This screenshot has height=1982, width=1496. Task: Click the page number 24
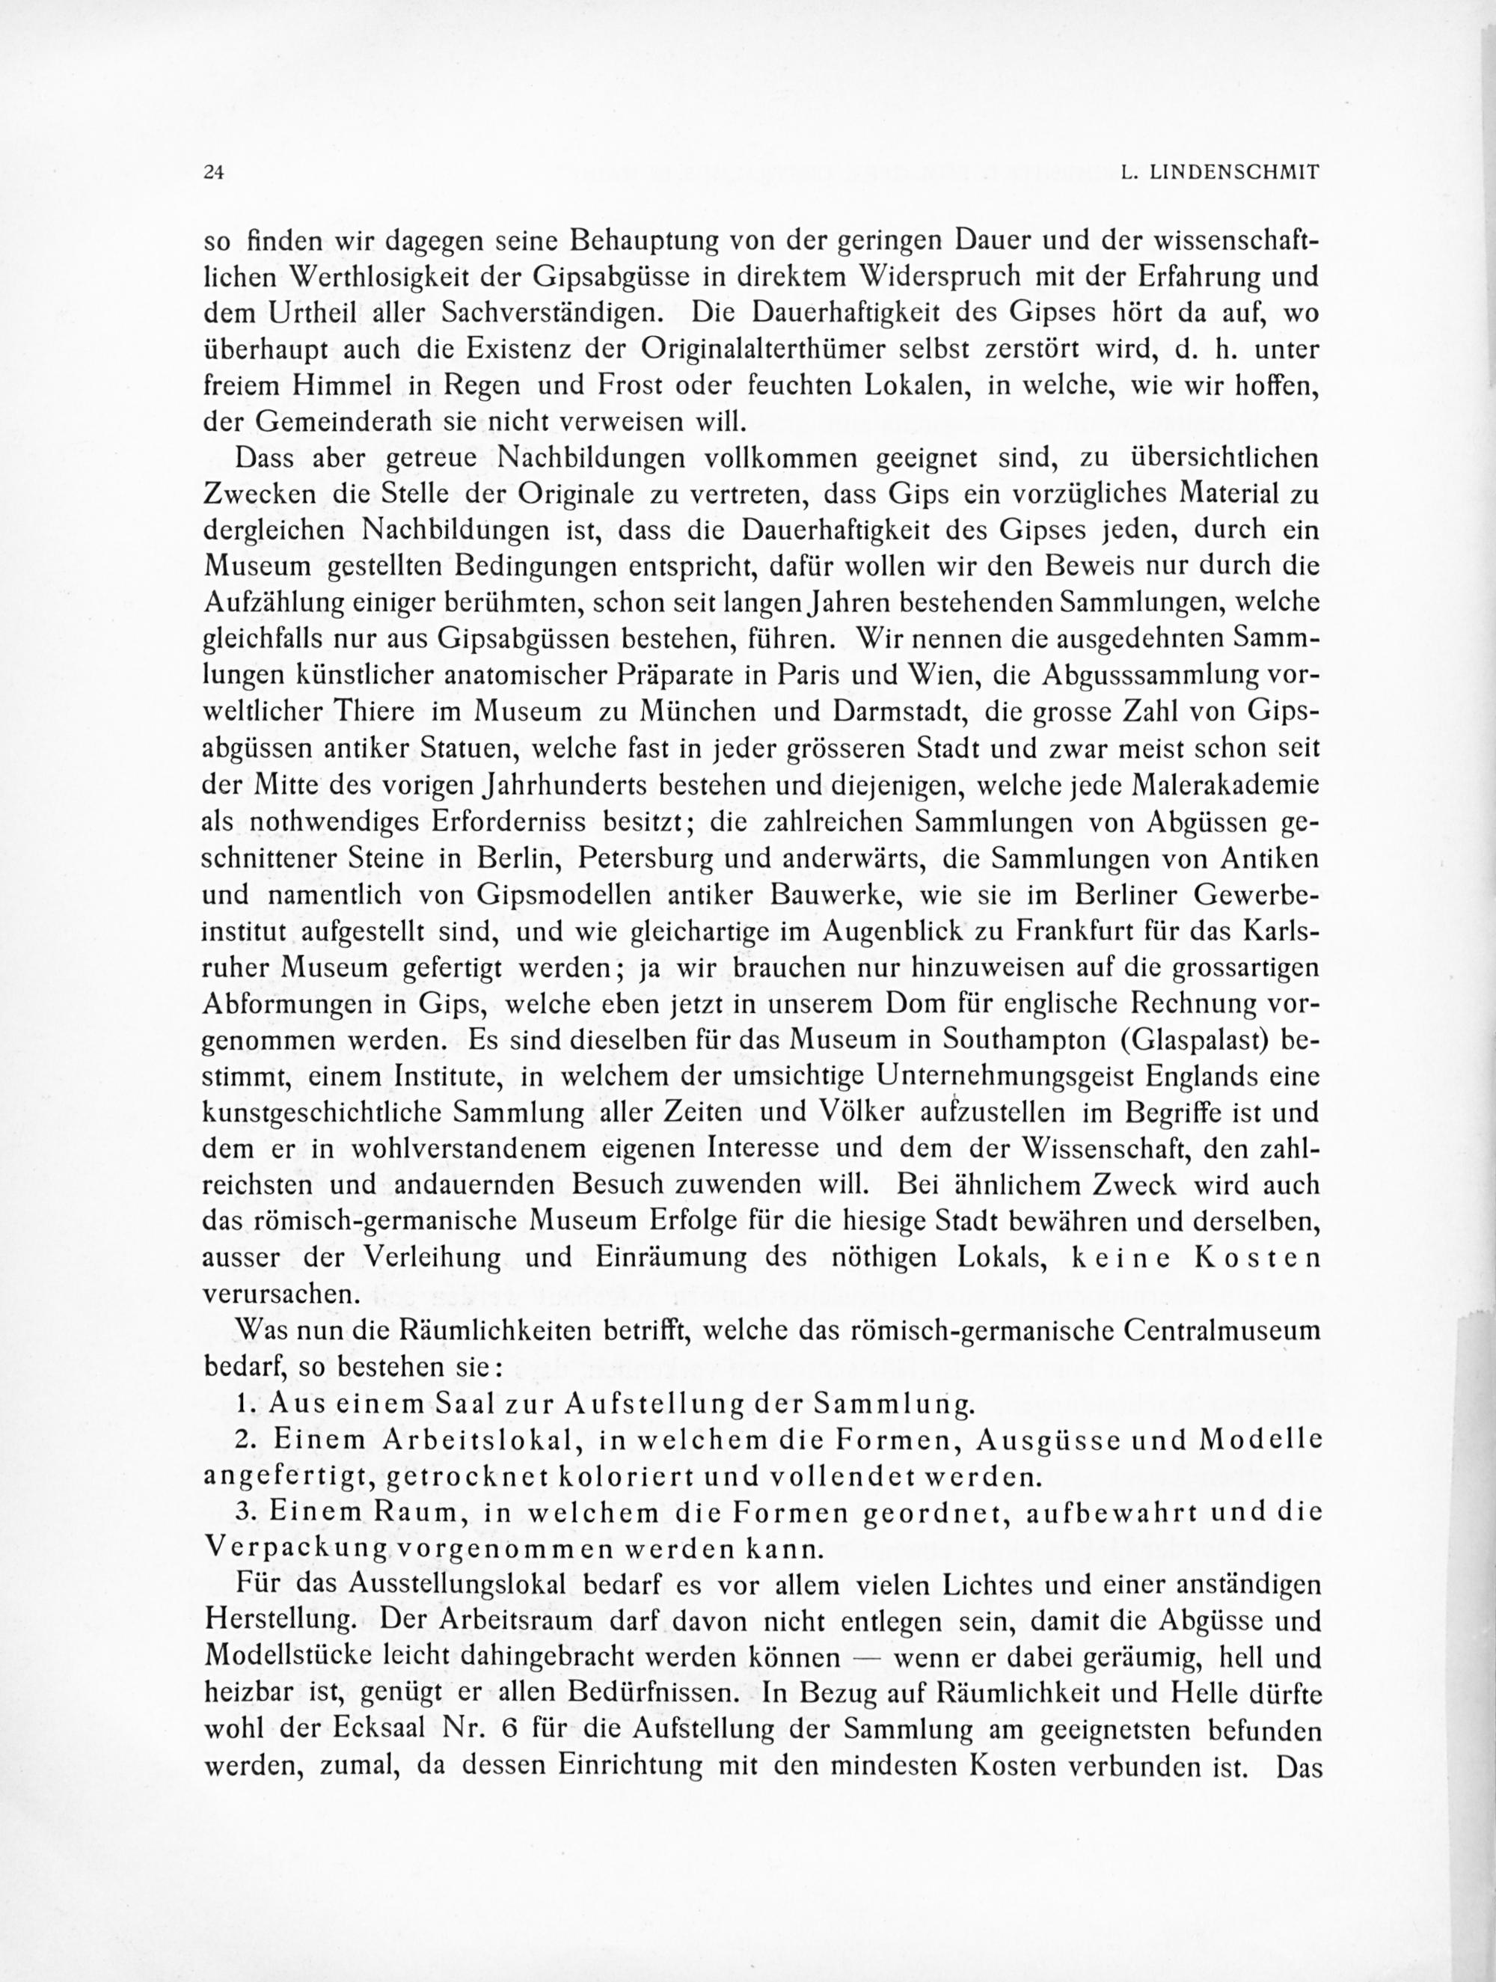[214, 174]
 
